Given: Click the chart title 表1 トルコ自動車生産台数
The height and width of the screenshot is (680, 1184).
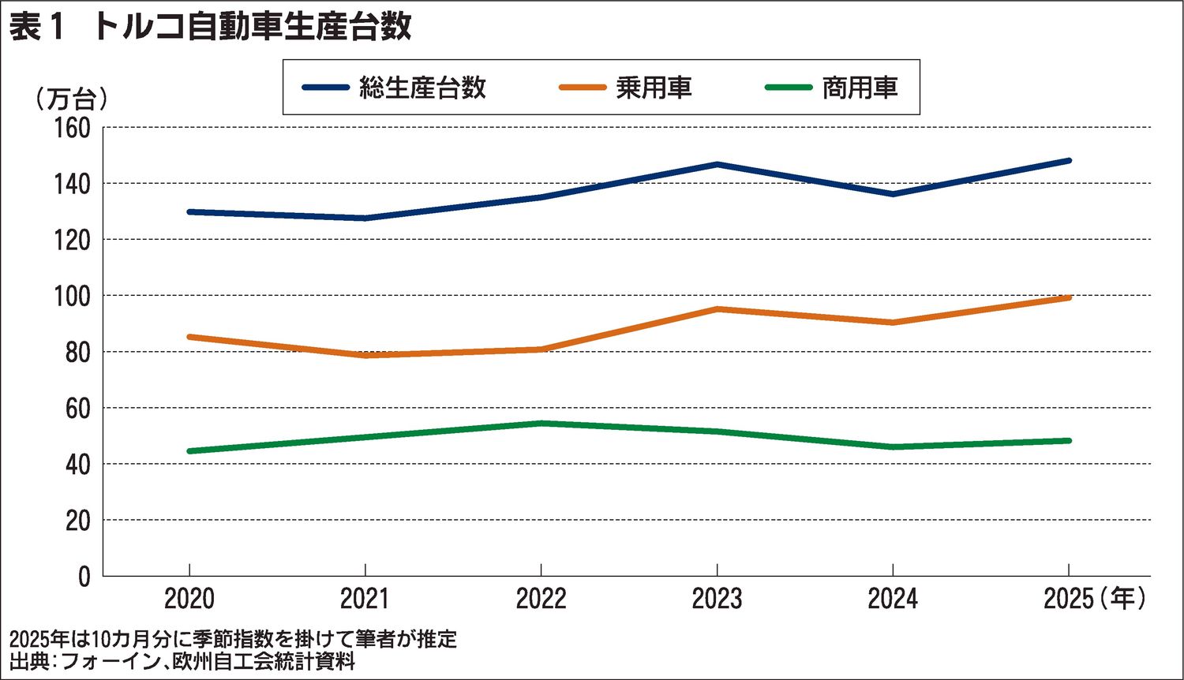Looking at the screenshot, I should (x=210, y=27).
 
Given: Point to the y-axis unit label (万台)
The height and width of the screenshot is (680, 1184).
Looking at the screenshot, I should (x=70, y=99).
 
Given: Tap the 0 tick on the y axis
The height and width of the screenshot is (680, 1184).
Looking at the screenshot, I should (x=84, y=577).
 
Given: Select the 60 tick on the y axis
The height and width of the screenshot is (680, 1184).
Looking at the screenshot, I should (x=77, y=408).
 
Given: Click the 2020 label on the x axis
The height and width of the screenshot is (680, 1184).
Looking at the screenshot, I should (x=189, y=600).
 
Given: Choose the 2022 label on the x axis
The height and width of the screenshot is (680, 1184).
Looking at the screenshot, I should (x=541, y=600).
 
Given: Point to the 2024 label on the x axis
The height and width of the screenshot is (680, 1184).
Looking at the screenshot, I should (x=893, y=600).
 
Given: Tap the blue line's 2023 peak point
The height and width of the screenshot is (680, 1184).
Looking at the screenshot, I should (x=717, y=164).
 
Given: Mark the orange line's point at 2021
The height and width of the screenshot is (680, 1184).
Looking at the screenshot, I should (x=365, y=355).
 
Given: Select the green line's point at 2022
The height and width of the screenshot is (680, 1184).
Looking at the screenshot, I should (x=541, y=424).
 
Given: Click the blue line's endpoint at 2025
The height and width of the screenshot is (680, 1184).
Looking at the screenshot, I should (x=1069, y=161).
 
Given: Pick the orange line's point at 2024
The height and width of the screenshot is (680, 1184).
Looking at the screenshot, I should (x=893, y=322).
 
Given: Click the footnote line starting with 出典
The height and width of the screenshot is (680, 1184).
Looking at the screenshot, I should (x=182, y=661).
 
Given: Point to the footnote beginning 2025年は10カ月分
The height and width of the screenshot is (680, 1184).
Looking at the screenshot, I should (x=234, y=638).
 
